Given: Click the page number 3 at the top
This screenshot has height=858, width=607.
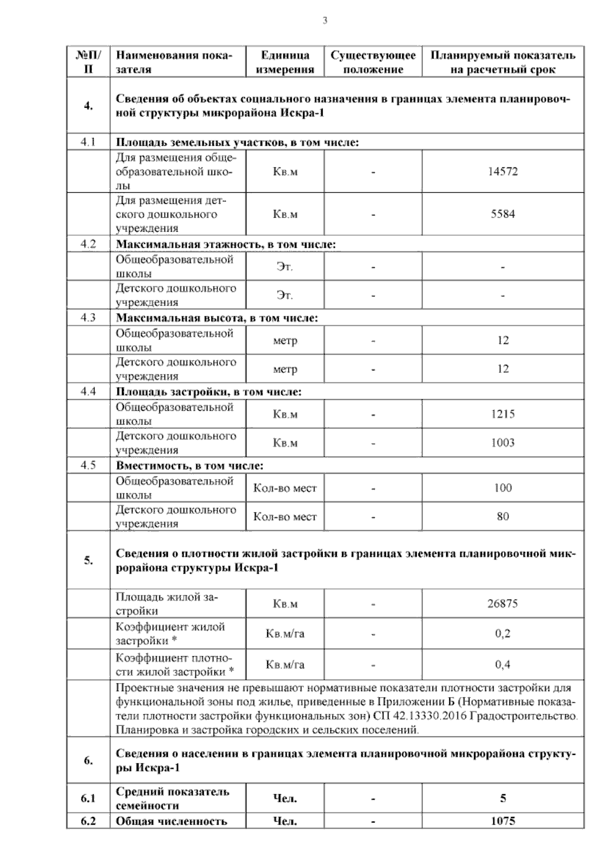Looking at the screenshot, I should [x=325, y=21].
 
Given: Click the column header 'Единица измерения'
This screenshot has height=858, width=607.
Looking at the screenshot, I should [x=285, y=62].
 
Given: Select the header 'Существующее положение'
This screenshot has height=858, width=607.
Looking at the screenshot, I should [x=373, y=62].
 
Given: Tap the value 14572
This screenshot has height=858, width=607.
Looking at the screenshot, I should [x=502, y=171].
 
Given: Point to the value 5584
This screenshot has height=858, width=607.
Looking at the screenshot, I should [x=502, y=214].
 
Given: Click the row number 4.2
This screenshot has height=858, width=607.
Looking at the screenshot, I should [x=88, y=244].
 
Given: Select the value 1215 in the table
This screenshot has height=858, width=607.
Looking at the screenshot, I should [x=502, y=414].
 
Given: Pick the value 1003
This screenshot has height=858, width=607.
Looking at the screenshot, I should [x=502, y=443].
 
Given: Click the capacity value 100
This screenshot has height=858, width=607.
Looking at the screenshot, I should [x=502, y=488].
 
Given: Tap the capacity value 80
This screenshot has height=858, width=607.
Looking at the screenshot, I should [x=502, y=517].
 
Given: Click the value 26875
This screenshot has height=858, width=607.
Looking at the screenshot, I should [x=502, y=604].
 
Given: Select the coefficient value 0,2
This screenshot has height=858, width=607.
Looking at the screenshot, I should [x=502, y=633].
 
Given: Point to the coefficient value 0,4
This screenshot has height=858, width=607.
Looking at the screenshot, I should [x=502, y=664].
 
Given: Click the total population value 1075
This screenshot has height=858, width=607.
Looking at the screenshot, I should [x=502, y=821].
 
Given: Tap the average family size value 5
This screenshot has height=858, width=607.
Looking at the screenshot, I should [x=502, y=798].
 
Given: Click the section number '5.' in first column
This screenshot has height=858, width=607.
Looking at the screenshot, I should [x=88, y=560].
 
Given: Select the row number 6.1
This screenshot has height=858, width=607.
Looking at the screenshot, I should [x=88, y=798].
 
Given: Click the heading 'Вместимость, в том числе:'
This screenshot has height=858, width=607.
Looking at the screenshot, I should [x=190, y=465].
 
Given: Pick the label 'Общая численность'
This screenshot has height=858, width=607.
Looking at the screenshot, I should [x=171, y=821].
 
